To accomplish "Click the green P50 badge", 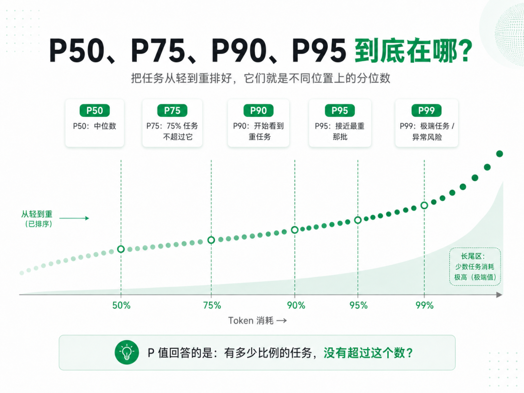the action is [x=95, y=111].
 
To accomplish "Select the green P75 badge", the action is [x=172, y=111].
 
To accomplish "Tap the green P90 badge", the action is [x=258, y=111].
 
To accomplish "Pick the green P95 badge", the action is [x=340, y=111].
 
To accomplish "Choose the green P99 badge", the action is [x=426, y=111].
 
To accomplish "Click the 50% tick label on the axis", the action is [x=121, y=306].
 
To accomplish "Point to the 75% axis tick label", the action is [x=212, y=306].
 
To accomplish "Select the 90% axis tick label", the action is [x=296, y=306].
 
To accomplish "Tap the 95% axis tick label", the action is [x=359, y=306].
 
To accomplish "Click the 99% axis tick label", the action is [x=425, y=306].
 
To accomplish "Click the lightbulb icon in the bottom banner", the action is [x=127, y=352].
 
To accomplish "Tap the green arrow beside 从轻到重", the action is [x=74, y=218].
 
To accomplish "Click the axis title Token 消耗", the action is [x=251, y=321].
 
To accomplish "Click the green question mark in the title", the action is [x=464, y=50].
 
